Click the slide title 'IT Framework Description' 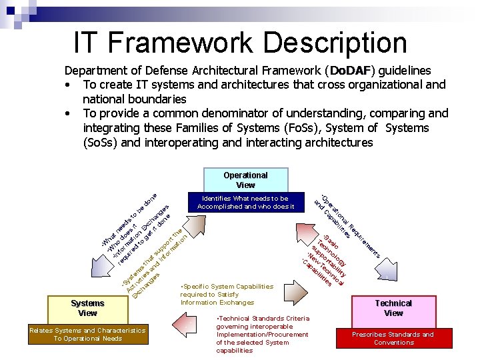[x=240, y=42]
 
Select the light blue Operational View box [x=245, y=180]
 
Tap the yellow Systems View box [x=87, y=308]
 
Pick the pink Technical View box [x=393, y=308]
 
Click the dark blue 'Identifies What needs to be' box [x=245, y=202]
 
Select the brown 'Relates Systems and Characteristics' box [x=87, y=335]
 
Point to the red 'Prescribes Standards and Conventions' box [x=393, y=338]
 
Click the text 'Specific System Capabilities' [x=227, y=287]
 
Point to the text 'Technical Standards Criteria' [x=263, y=319]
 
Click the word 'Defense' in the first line [x=157, y=71]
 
